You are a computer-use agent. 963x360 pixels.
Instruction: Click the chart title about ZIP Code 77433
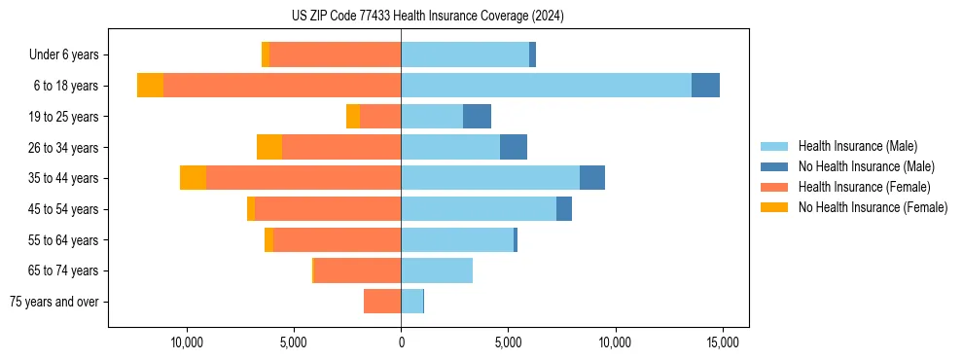(427, 17)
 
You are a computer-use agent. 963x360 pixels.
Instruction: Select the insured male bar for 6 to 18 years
(546, 86)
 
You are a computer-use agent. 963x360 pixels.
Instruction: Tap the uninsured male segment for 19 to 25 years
(477, 117)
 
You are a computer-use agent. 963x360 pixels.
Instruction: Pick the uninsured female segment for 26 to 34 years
(269, 147)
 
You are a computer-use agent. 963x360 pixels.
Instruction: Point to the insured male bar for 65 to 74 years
(437, 270)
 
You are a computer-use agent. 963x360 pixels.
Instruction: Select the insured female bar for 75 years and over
(382, 302)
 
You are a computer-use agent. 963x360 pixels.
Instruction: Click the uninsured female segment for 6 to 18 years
(150, 86)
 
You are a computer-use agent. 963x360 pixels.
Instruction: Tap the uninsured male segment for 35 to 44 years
(592, 178)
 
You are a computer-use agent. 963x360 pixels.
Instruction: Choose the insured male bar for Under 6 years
(465, 54)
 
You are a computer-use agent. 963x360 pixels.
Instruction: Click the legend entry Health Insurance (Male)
(857, 146)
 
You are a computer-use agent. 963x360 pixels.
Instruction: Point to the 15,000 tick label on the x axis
(723, 342)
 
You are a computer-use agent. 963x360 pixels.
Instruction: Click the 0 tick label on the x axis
(401, 342)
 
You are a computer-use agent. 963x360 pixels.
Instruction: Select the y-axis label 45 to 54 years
(64, 209)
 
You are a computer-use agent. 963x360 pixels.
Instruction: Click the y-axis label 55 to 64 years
(64, 240)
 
